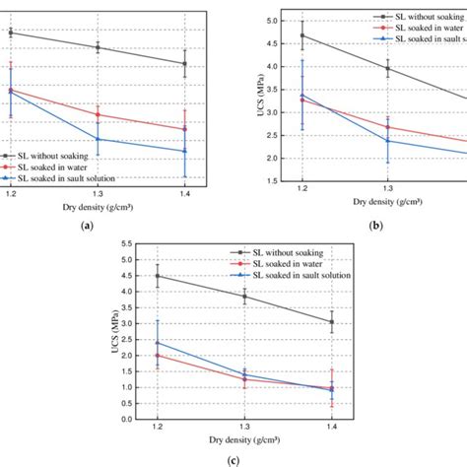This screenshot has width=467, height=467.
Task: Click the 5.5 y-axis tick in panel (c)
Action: pos(126,243)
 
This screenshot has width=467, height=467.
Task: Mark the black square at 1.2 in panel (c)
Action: pos(157,276)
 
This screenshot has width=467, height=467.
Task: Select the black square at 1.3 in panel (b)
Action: pos(388,68)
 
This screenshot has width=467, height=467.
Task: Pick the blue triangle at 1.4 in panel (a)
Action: pos(184,151)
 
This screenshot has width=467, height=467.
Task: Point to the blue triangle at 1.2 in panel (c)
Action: pos(157,342)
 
